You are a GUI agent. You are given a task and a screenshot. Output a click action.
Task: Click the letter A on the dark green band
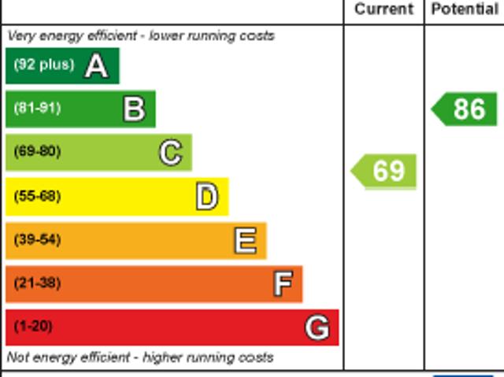click(x=96, y=66)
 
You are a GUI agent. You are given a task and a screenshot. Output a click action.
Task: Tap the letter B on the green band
click(x=134, y=109)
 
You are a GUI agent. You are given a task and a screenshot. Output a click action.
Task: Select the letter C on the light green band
click(x=170, y=153)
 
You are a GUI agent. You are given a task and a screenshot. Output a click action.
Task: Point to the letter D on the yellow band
click(x=206, y=197)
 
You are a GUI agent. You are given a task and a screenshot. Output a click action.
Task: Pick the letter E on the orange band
click(x=245, y=241)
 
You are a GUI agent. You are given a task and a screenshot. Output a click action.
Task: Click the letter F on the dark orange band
click(x=282, y=283)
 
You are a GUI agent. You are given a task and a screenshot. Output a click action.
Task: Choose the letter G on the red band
click(x=317, y=327)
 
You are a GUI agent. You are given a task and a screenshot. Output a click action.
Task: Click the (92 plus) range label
click(x=44, y=65)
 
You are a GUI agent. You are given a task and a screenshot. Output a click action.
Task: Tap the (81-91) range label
click(x=37, y=109)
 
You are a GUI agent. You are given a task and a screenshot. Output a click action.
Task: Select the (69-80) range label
click(x=37, y=152)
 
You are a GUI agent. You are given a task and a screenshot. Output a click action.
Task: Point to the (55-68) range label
click(x=37, y=197)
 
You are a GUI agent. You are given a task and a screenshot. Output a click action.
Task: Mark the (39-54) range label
click(x=37, y=240)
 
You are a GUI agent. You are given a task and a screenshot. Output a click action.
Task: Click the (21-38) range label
click(x=37, y=283)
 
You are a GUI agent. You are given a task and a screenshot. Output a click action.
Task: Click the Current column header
click(x=384, y=9)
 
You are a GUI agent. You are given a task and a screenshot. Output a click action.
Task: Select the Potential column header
click(x=465, y=9)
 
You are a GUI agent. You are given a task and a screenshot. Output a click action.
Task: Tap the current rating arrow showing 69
click(x=384, y=171)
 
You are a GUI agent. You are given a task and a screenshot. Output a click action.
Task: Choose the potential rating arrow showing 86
click(x=465, y=109)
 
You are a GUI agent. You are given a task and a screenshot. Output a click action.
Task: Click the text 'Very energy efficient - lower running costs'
click(x=141, y=36)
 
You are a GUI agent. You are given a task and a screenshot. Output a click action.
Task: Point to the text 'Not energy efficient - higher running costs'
click(x=140, y=357)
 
